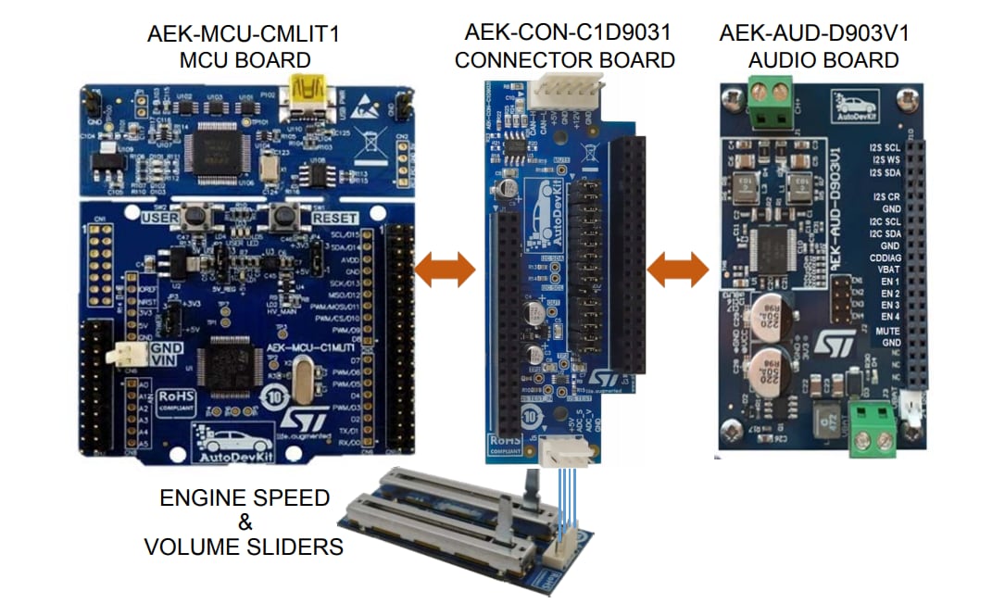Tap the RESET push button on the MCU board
[283, 219]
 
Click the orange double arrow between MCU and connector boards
[445, 270]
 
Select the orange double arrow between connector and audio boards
[677, 270]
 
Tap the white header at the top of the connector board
[565, 95]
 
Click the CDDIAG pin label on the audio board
[884, 258]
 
